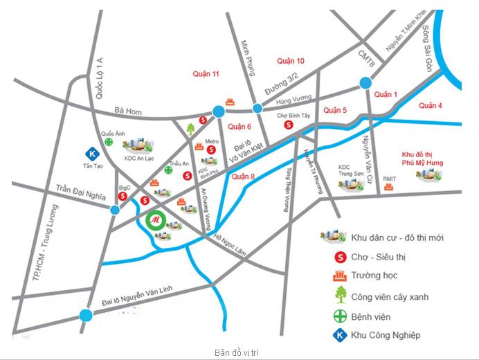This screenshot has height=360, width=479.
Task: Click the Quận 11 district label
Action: pos(206,74)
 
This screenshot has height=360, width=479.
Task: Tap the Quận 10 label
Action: pos(290,61)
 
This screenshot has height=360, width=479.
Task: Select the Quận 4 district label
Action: pos(430,105)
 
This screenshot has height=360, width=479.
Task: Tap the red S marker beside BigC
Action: pos(122,197)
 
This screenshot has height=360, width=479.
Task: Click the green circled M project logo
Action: pos(156,222)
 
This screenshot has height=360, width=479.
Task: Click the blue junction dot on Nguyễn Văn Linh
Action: pos(86,316)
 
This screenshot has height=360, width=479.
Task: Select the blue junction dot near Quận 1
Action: pos(365,84)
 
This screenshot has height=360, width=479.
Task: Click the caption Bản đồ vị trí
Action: pos(237,352)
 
